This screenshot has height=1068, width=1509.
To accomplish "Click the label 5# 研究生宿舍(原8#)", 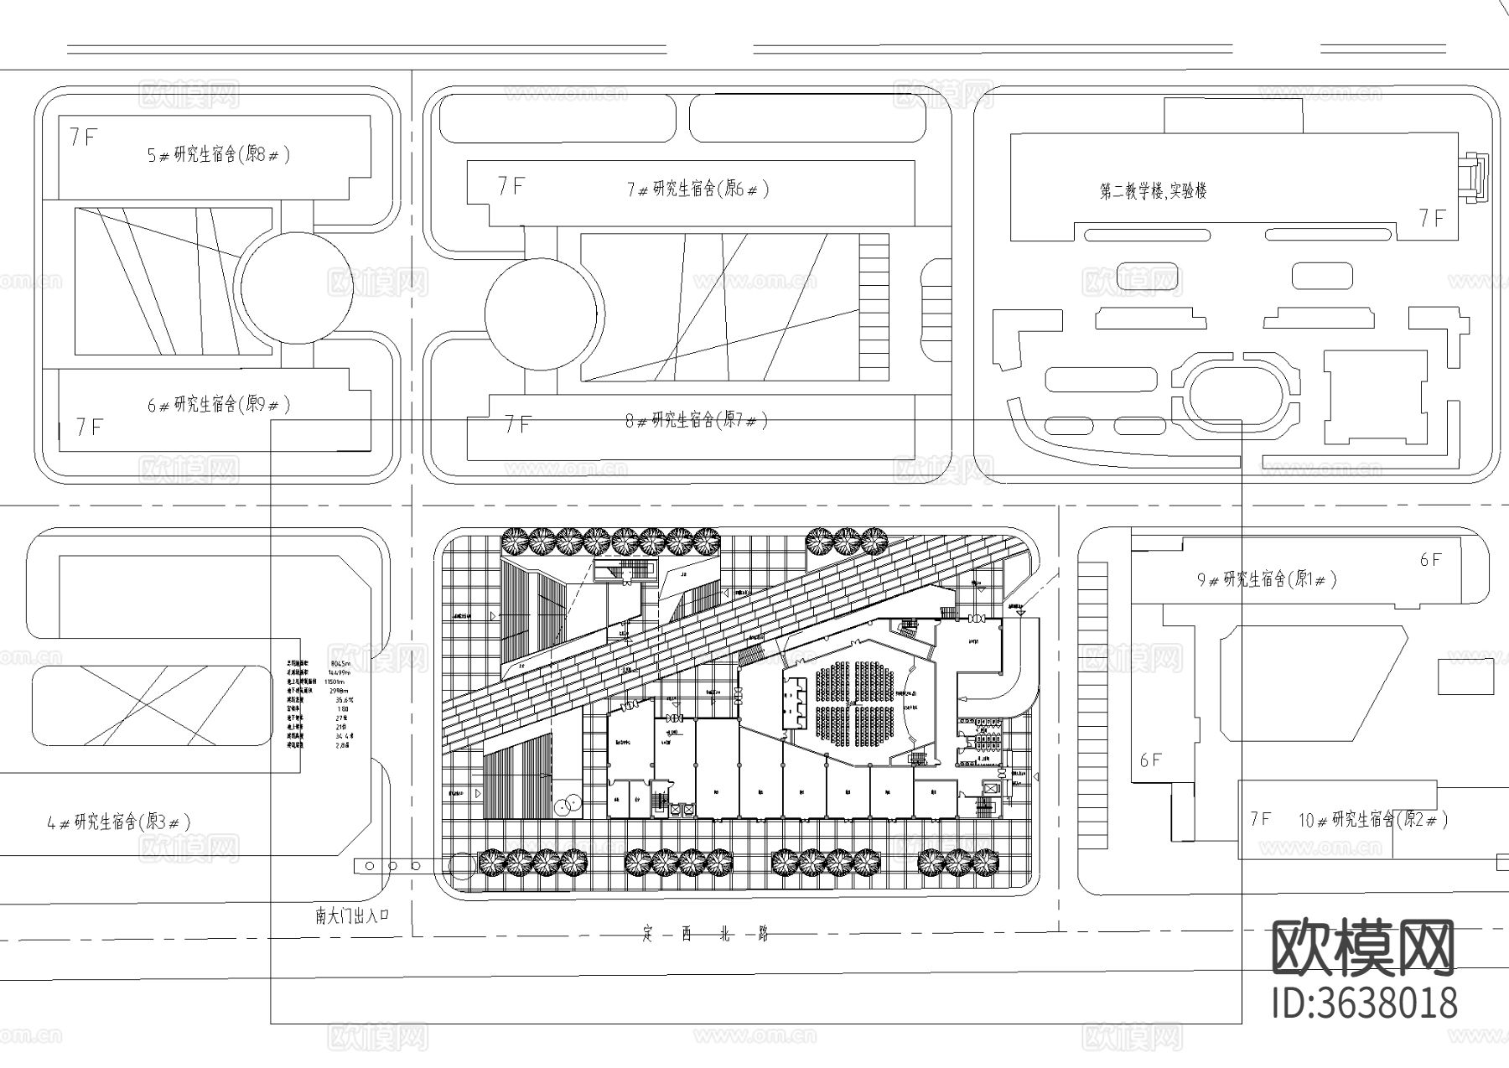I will pyautogui.click(x=219, y=155).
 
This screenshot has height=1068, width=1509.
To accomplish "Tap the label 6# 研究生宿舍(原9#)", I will pyautogui.click(x=219, y=405).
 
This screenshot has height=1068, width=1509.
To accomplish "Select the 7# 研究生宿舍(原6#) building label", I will pyautogui.click(x=697, y=189).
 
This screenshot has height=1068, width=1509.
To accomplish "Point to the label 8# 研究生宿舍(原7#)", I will pyautogui.click(x=696, y=420).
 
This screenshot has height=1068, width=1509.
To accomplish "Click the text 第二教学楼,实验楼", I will pyautogui.click(x=1153, y=191).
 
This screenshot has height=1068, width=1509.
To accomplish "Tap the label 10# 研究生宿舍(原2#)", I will pyautogui.click(x=1372, y=819).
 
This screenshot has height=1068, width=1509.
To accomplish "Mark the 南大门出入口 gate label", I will pyautogui.click(x=353, y=915).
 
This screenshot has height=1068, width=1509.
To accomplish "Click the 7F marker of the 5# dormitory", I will pyautogui.click(x=84, y=137).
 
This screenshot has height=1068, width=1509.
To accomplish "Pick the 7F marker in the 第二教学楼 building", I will pyautogui.click(x=1432, y=219).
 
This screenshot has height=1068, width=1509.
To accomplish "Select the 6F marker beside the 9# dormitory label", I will pyautogui.click(x=1430, y=559).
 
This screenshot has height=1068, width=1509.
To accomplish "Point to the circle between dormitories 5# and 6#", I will pyautogui.click(x=293, y=288).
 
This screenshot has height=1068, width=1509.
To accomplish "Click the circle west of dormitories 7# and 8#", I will pyautogui.click(x=542, y=314).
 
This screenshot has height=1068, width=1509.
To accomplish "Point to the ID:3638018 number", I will pyautogui.click(x=1364, y=1003).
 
